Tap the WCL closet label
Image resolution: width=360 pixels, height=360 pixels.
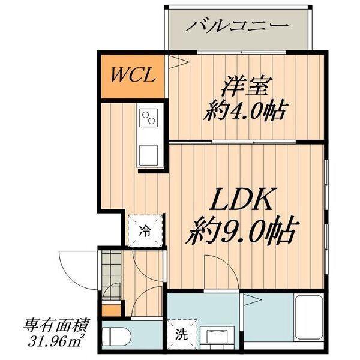pyautogui.click(x=133, y=76)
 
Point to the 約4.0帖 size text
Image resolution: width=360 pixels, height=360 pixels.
pyautogui.click(x=245, y=111)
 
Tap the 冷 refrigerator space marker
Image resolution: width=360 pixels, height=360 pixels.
pyautogui.click(x=145, y=229)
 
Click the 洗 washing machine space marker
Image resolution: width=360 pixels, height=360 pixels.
pyautogui.click(x=179, y=335)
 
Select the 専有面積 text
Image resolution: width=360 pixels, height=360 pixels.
pyautogui.click(x=56, y=327)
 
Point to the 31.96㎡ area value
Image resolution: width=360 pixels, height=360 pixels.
pyautogui.click(x=56, y=343)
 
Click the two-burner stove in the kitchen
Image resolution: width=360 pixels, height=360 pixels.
pyautogui.click(x=148, y=117)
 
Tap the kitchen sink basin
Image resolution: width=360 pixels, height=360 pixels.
pyautogui.click(x=148, y=154)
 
